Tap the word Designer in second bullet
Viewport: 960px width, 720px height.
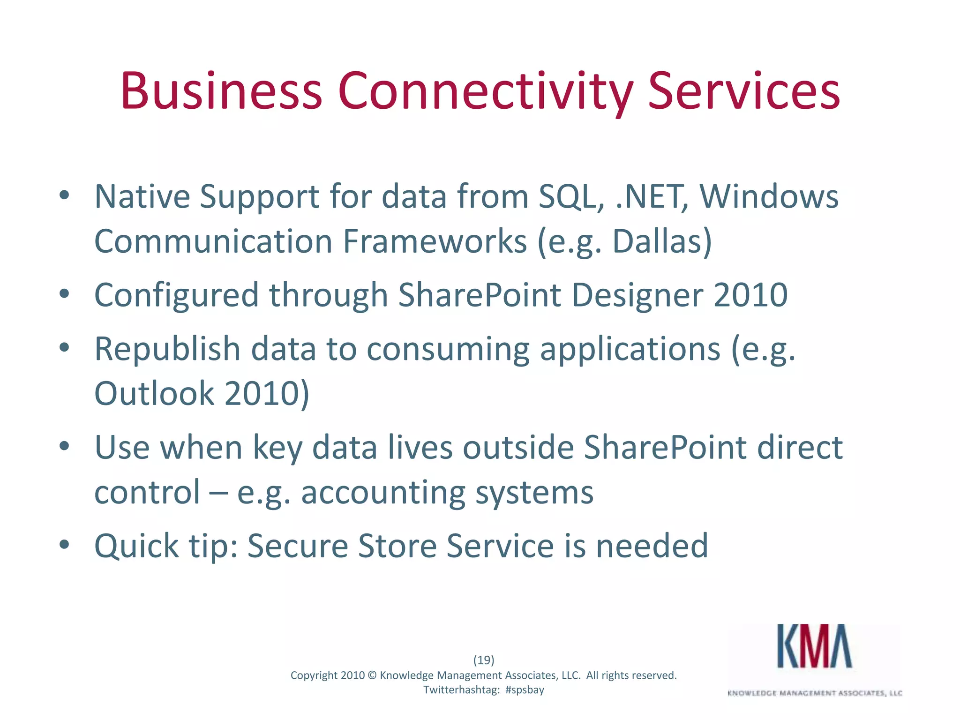(637, 295)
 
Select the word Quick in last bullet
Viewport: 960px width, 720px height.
(136, 547)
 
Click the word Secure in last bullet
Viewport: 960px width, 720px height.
(297, 546)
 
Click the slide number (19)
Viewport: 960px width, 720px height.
(484, 660)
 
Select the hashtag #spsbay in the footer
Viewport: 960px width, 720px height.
(525, 690)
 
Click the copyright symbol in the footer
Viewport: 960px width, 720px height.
(372, 675)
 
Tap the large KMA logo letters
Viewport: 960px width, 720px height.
(814, 646)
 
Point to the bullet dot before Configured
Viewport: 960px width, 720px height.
(65, 294)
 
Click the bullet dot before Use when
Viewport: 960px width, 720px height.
(65, 446)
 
